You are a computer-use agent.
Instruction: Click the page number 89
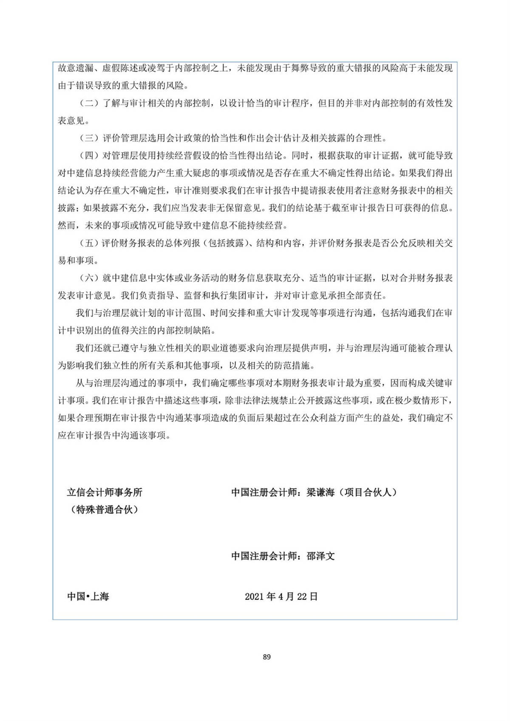point(266,657)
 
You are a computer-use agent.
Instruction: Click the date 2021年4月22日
point(281,597)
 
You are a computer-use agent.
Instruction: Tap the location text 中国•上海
point(88,597)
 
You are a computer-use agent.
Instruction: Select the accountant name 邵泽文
point(321,556)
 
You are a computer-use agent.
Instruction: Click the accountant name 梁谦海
point(320,492)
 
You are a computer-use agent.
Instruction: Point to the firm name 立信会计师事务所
point(105,492)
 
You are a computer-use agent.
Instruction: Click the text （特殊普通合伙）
point(105,510)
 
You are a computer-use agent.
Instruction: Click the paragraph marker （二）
point(89,103)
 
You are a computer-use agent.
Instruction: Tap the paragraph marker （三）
point(89,138)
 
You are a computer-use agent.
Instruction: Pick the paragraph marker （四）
point(89,156)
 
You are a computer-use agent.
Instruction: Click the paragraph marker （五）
point(89,243)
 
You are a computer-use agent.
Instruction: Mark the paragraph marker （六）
point(89,278)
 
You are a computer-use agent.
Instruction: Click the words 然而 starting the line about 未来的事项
point(67,226)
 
